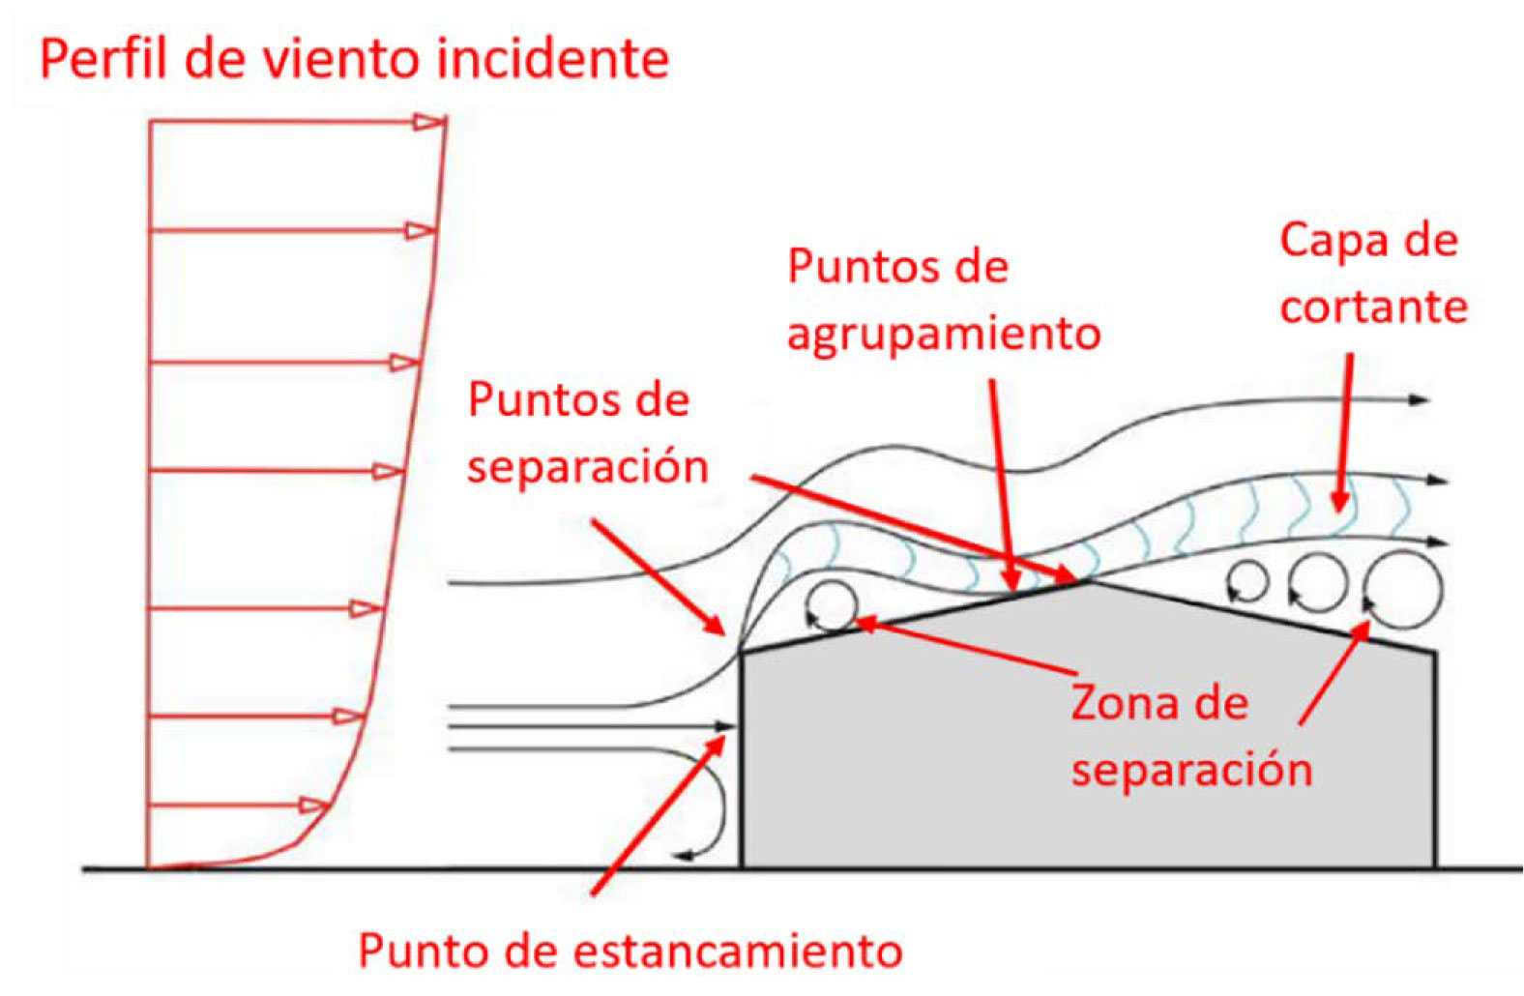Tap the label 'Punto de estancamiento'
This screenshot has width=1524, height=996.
(630, 951)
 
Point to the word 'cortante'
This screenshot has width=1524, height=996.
(1373, 308)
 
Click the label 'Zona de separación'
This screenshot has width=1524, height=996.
(1191, 737)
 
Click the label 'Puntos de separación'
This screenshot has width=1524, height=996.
(588, 433)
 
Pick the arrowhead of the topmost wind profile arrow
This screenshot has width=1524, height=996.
(431, 122)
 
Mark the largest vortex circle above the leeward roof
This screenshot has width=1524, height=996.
(1403, 587)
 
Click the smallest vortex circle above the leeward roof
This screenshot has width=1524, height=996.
(1247, 582)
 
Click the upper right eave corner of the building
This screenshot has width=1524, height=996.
(1435, 654)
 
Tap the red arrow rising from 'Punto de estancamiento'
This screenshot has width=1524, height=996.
(658, 814)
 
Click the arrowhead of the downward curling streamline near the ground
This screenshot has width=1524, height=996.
(683, 855)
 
